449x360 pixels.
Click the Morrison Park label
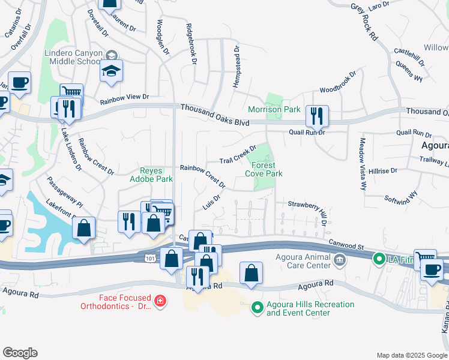coord(274,110)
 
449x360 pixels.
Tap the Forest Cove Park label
coord(264,169)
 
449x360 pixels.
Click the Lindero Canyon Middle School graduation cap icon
coord(111,71)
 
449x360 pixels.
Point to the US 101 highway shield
coord(149,257)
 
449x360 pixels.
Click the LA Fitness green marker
coord(379,259)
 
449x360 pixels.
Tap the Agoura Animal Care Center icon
coord(340,259)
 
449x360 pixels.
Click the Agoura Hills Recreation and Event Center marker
coord(258,308)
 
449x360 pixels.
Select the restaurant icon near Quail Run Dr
coord(316,115)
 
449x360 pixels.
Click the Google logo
coord(20,353)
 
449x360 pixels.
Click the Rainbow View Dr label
coord(124,98)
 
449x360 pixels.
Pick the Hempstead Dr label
coord(236,67)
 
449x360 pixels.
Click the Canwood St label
coord(346,245)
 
